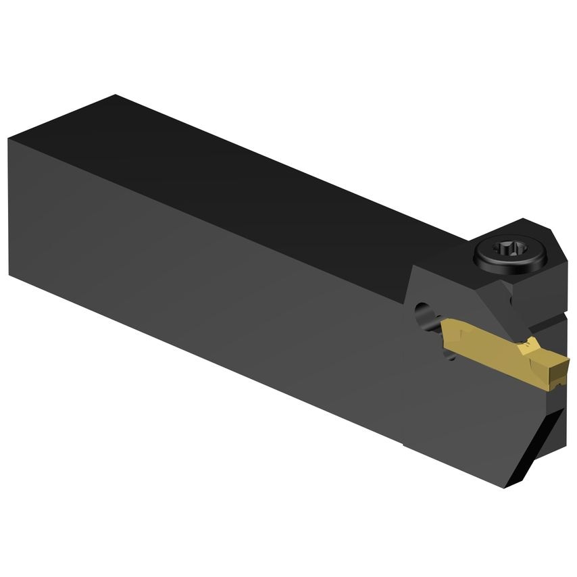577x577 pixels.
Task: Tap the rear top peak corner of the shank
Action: [116, 95]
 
